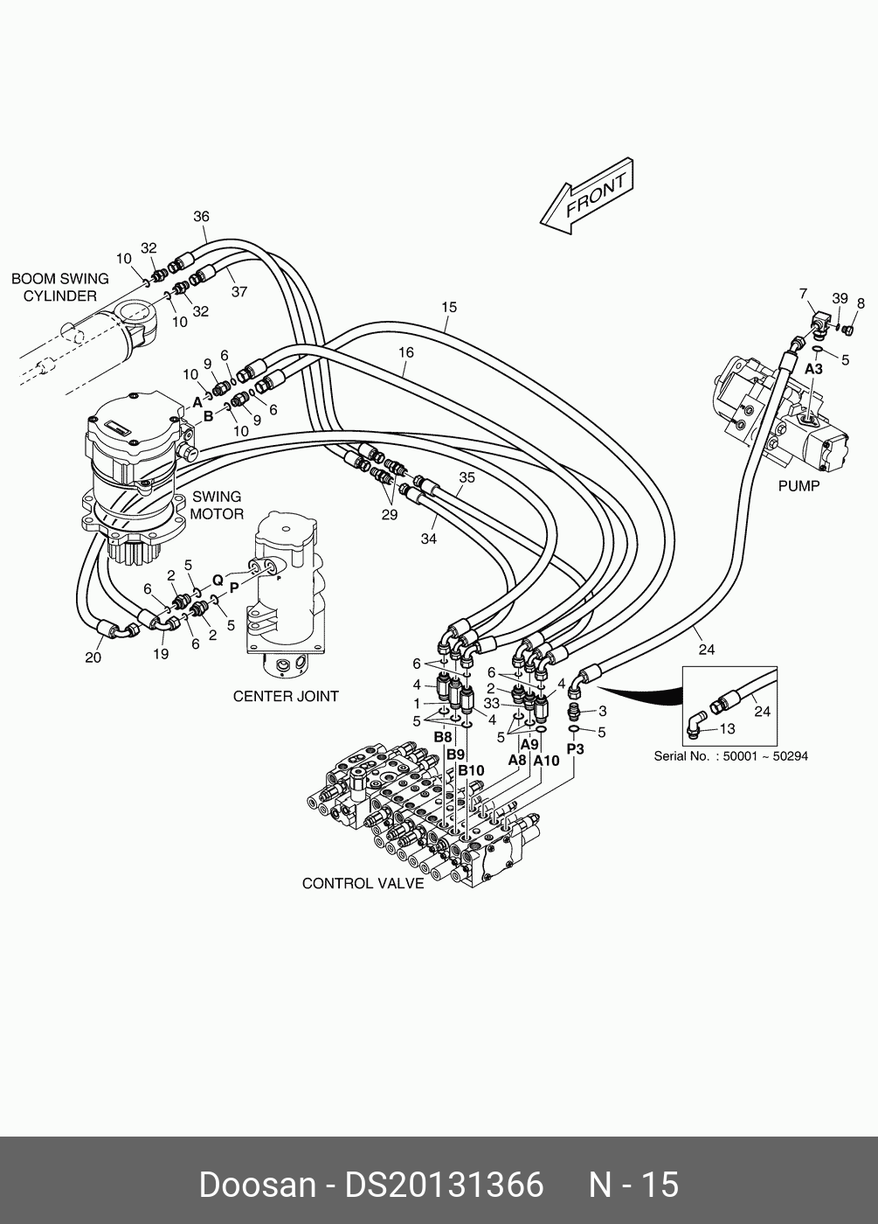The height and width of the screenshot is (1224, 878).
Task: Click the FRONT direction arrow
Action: pyautogui.click(x=586, y=196)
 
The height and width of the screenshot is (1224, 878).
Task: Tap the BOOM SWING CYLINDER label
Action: pyautogui.click(x=60, y=288)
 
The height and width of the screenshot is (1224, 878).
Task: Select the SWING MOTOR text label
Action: pyautogui.click(x=217, y=505)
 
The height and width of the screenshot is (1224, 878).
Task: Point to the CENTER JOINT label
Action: pyautogui.click(x=286, y=697)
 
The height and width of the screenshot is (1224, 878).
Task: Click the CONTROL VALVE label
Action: pyautogui.click(x=363, y=884)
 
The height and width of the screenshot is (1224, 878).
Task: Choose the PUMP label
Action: pyautogui.click(x=798, y=486)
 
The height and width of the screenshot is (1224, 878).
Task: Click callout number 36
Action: pyautogui.click(x=202, y=217)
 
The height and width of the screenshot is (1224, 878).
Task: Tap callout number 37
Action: pyautogui.click(x=239, y=292)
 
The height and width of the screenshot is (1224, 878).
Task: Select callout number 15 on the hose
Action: pyautogui.click(x=449, y=308)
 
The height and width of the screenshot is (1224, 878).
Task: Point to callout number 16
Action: pyautogui.click(x=405, y=353)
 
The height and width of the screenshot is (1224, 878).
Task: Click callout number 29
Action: pyautogui.click(x=390, y=515)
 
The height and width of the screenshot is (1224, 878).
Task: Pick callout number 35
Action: pyautogui.click(x=467, y=477)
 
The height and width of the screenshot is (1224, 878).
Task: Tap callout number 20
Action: pyautogui.click(x=93, y=657)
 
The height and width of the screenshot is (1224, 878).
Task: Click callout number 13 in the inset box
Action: pyautogui.click(x=727, y=728)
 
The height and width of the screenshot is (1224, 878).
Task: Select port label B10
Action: pyautogui.click(x=471, y=771)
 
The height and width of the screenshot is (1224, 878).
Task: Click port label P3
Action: pyautogui.click(x=575, y=749)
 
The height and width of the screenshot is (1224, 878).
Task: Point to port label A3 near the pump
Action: pyautogui.click(x=813, y=369)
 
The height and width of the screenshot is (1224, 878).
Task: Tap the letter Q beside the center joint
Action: pyautogui.click(x=218, y=579)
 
